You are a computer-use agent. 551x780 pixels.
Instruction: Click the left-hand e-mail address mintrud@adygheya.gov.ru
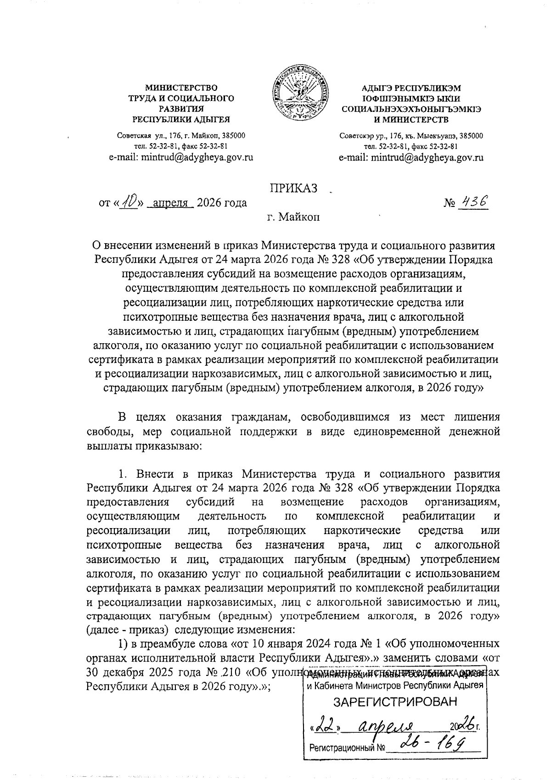click(x=181, y=157)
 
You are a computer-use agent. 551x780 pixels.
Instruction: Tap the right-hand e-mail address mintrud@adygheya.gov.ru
click(x=411, y=157)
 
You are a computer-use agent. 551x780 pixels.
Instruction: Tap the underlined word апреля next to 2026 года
click(x=171, y=203)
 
